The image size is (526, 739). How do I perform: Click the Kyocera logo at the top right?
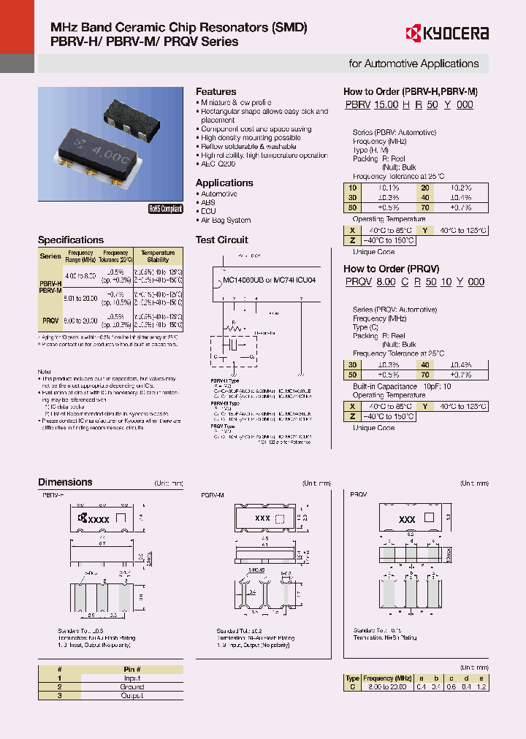pos(447,33)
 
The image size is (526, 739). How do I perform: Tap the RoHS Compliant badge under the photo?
pos(165,208)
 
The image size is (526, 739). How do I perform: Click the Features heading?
pos(216,91)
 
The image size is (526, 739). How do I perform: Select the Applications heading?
pos(224,183)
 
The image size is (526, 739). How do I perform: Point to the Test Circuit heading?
pos(222,240)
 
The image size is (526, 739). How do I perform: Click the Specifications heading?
pos(71,240)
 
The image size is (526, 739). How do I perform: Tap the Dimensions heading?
pos(65,482)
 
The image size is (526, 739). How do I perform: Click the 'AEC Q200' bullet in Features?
pos(217,164)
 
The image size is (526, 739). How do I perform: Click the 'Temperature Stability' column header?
pos(158,256)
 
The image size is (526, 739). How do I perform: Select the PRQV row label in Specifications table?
pos(50,321)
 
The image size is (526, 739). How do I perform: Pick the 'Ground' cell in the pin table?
pos(131,687)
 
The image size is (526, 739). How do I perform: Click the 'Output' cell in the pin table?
pos(131,696)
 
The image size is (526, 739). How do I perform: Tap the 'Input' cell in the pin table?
pos(131,678)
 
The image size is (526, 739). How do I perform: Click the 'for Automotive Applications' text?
pos(413,64)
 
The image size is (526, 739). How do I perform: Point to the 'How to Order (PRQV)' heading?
pos(392,269)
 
